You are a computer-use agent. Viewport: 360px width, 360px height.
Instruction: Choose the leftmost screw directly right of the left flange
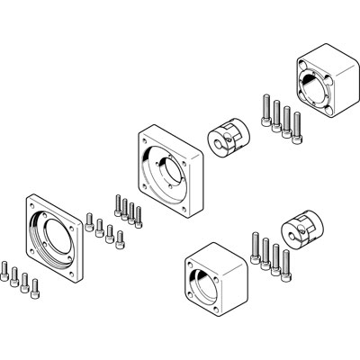90,220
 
